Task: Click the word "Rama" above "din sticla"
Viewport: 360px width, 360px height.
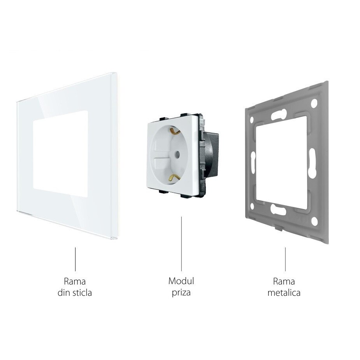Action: [75, 281]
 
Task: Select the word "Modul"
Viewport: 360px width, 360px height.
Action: [181, 281]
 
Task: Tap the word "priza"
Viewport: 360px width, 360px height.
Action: [181, 292]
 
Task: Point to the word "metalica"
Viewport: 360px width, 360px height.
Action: [284, 293]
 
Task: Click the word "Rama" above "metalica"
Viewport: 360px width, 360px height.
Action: [284, 281]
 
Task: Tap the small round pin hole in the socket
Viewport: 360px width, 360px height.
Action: [177, 155]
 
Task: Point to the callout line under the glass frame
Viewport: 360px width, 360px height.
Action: [75, 259]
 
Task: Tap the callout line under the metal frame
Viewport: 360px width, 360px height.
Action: [285, 259]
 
